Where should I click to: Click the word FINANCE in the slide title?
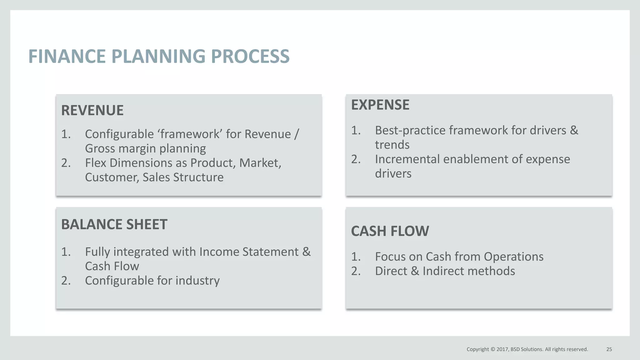pyautogui.click(x=67, y=57)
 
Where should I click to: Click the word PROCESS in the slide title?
pyautogui.click(x=250, y=57)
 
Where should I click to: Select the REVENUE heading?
pyautogui.click(x=92, y=110)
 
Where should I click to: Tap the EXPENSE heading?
pyautogui.click(x=380, y=105)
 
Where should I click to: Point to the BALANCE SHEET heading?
pyautogui.click(x=114, y=224)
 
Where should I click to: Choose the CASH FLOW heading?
pyautogui.click(x=390, y=231)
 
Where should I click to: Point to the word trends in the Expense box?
pyautogui.click(x=392, y=145)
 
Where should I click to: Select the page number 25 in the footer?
pyautogui.click(x=609, y=349)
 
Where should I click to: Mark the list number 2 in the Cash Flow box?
pyautogui.click(x=356, y=271)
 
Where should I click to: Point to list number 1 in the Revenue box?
pyautogui.click(x=66, y=134)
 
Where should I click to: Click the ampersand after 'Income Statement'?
pyautogui.click(x=306, y=252)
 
